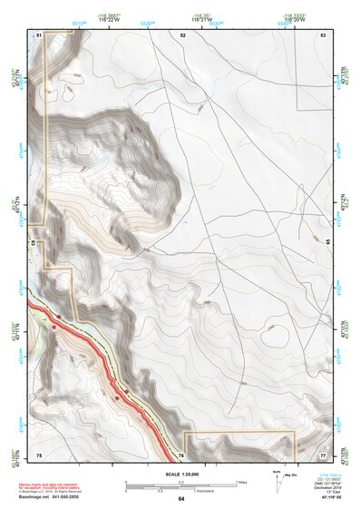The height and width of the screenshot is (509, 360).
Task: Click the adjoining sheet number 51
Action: click(x=39, y=34)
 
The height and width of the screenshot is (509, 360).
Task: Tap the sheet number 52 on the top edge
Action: click(x=182, y=34)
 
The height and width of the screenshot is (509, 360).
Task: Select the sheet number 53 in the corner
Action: click(x=323, y=34)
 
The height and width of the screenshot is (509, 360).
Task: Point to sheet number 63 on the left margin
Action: click(x=33, y=244)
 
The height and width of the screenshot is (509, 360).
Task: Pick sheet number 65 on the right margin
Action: click(x=327, y=242)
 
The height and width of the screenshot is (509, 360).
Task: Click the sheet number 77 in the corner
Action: click(x=323, y=453)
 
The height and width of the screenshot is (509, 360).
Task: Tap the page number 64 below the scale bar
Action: click(x=181, y=498)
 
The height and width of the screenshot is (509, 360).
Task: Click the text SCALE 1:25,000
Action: click(x=181, y=474)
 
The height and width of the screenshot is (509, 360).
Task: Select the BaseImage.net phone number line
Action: click(x=52, y=496)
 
